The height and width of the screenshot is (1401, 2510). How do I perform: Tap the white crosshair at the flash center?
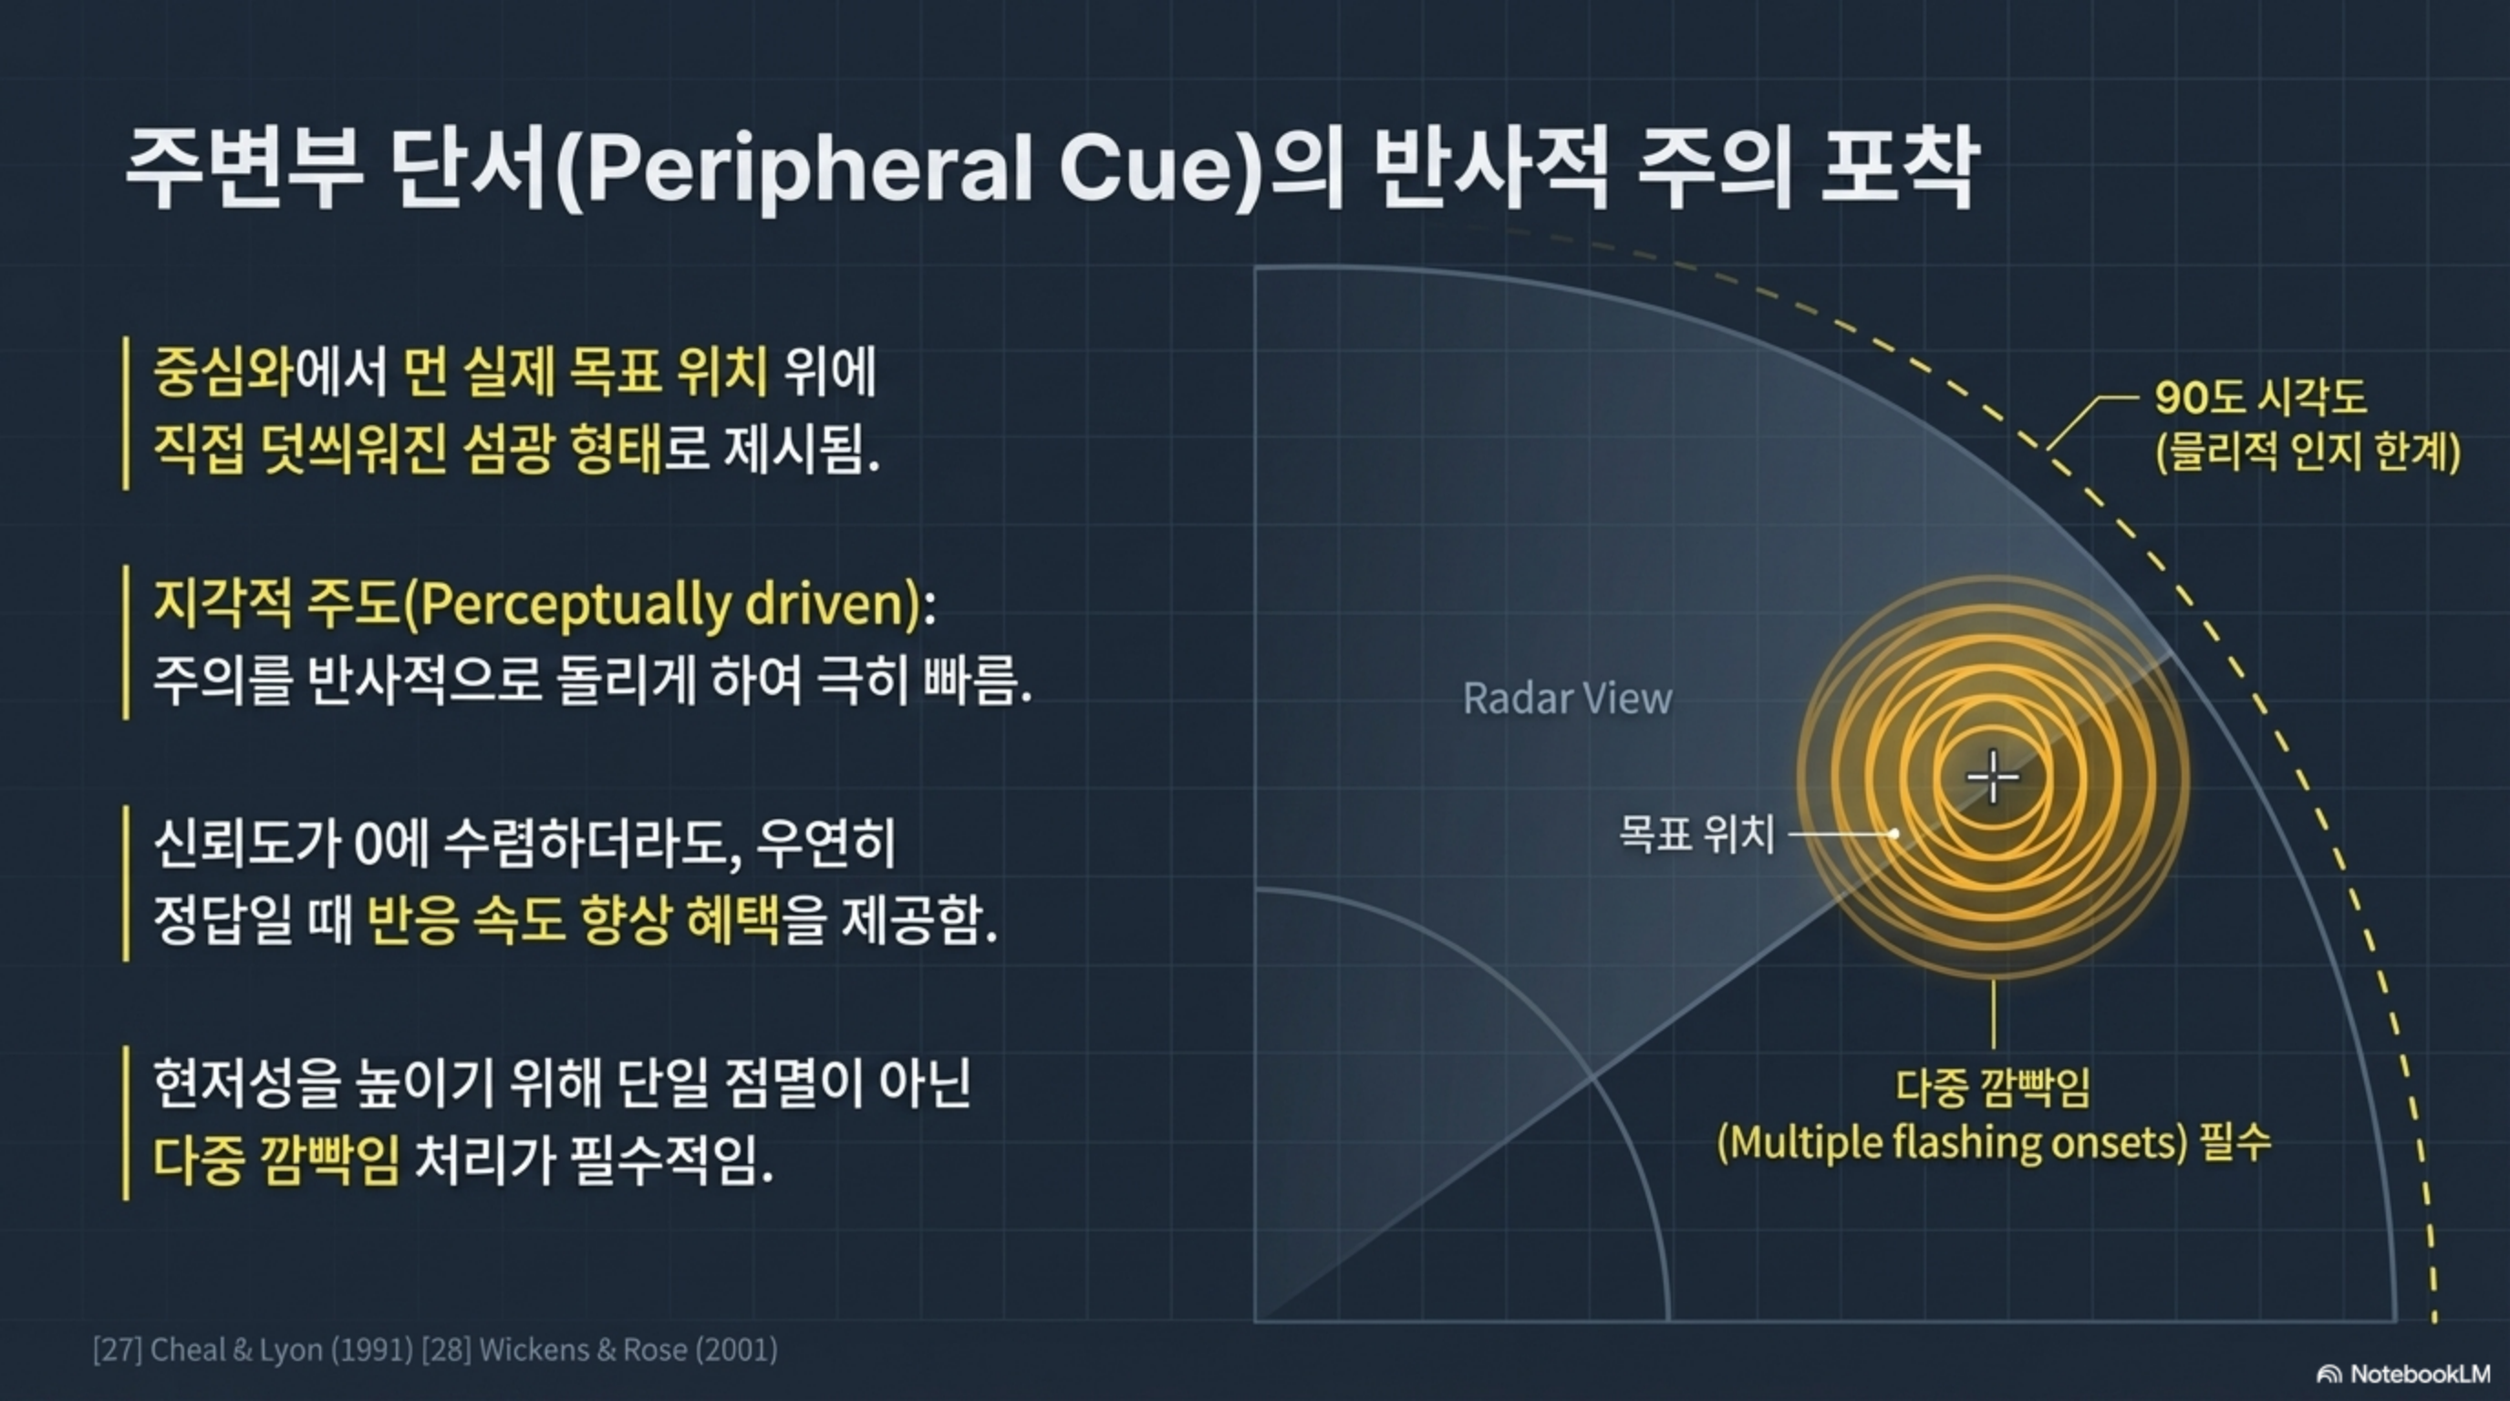click(x=1993, y=776)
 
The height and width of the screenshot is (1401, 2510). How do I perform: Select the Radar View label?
click(x=1567, y=698)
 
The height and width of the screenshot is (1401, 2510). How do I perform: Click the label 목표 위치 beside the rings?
click(x=1696, y=834)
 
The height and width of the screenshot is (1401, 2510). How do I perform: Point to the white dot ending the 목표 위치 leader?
click(x=1893, y=834)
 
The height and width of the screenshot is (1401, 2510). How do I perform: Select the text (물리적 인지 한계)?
click(x=2308, y=452)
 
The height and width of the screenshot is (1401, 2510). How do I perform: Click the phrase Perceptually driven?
click(x=662, y=604)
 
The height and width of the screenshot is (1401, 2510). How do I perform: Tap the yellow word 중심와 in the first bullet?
click(x=223, y=372)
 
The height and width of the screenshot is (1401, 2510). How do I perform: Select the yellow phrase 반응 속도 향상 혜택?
click(x=573, y=919)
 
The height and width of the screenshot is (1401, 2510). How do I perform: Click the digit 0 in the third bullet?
click(x=368, y=844)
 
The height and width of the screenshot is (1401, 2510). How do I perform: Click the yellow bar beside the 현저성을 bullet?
click(x=126, y=1123)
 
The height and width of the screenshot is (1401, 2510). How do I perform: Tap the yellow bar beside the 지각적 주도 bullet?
click(x=126, y=642)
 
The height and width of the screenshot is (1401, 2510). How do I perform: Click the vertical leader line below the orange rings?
click(x=1994, y=1013)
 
